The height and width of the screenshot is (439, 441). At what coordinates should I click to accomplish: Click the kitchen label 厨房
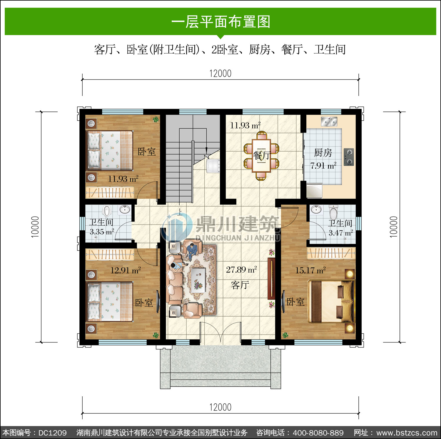(x=323, y=153)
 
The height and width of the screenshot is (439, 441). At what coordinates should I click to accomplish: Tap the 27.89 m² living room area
(x=241, y=270)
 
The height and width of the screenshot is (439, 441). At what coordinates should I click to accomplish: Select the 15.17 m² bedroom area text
(x=310, y=270)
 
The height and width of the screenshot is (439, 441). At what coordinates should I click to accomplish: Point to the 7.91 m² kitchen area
(x=323, y=166)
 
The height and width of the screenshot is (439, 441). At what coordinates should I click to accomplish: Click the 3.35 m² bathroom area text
(x=102, y=232)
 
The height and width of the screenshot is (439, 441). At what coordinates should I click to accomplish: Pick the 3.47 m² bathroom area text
(x=341, y=233)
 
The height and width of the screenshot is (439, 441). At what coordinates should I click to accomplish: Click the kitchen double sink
(x=329, y=121)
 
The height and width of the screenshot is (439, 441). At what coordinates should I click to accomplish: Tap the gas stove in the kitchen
(x=349, y=157)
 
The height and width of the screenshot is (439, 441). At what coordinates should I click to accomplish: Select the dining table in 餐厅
(x=261, y=156)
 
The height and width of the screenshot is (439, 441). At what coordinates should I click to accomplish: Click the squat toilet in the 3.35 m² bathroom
(x=107, y=211)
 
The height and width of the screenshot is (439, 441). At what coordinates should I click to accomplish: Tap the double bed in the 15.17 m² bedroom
(x=331, y=301)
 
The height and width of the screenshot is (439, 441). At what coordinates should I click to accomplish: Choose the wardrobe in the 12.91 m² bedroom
(x=110, y=255)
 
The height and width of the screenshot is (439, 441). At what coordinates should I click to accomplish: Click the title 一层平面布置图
(x=220, y=22)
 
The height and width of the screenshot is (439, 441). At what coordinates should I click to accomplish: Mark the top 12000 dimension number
(x=220, y=73)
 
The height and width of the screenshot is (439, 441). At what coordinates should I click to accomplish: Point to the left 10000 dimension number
(x=35, y=227)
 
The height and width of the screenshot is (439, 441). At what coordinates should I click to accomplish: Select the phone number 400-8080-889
(x=318, y=433)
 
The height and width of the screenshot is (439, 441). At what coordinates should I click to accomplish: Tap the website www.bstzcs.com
(x=407, y=433)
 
